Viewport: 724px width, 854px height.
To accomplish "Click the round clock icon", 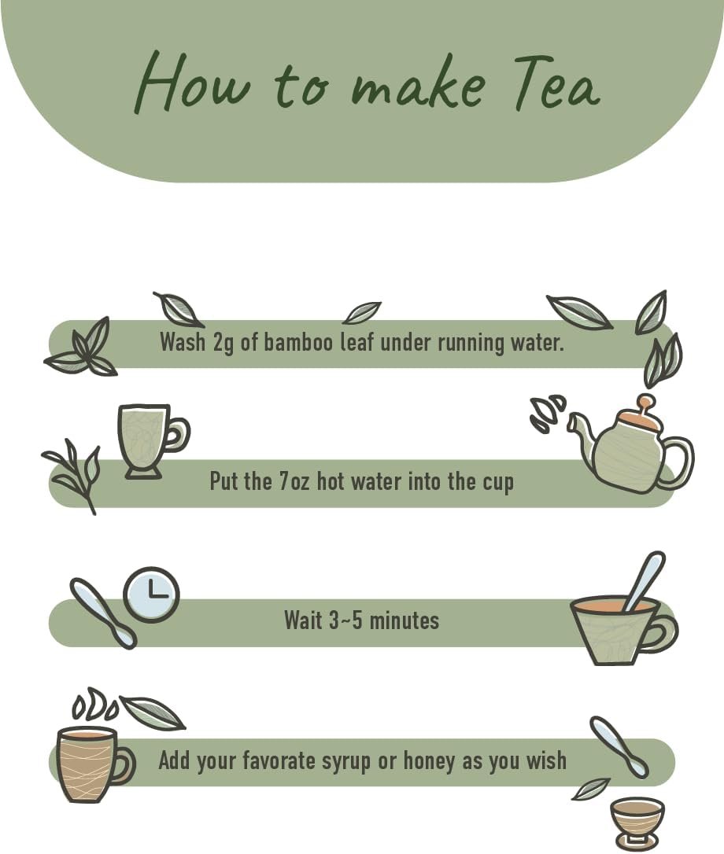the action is tap(152, 594).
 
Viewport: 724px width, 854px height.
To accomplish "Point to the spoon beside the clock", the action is tap(103, 613).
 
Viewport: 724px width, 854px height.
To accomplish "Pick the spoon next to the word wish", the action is tap(620, 746).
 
